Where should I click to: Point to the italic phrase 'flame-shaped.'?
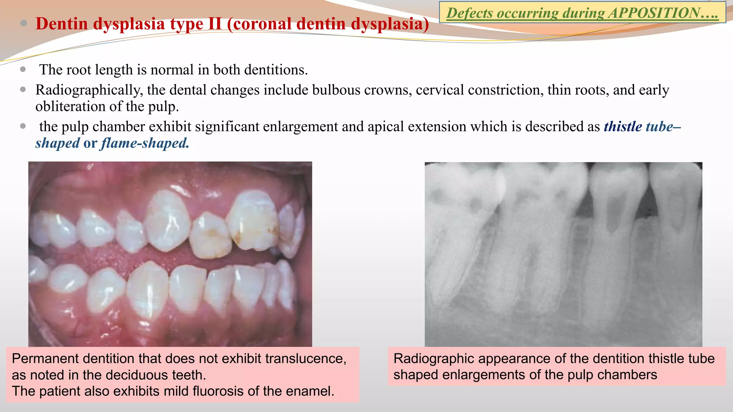[145, 143]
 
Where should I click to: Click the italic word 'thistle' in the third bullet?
[623, 127]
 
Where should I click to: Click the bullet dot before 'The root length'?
[23, 69]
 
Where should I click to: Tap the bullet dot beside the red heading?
[24, 24]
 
